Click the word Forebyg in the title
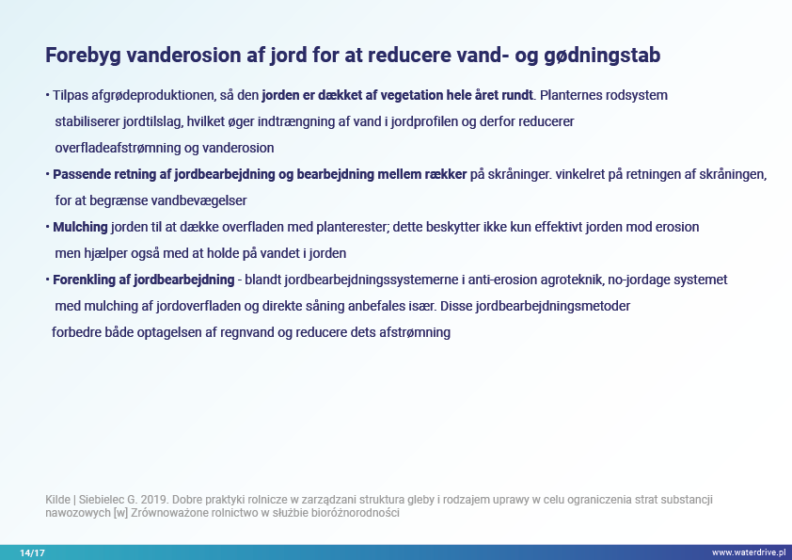(x=84, y=56)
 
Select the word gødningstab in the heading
(x=602, y=56)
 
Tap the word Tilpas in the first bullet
(x=71, y=95)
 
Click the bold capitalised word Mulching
(x=80, y=227)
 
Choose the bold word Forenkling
(x=84, y=280)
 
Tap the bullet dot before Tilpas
(x=47, y=95)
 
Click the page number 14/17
(x=32, y=552)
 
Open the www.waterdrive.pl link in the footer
(x=749, y=552)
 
